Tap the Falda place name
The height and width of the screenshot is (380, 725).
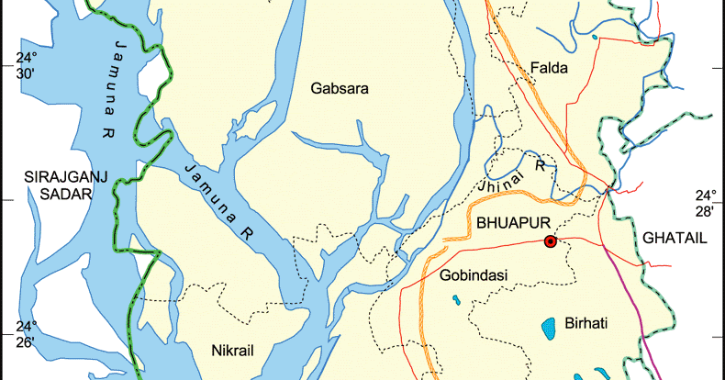(550, 68)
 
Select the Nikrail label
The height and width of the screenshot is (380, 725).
(231, 350)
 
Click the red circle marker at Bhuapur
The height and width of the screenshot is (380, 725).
(550, 241)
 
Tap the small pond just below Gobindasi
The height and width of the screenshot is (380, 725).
(456, 298)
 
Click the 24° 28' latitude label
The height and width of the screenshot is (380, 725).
(705, 203)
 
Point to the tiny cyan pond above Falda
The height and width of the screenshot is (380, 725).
(595, 38)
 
